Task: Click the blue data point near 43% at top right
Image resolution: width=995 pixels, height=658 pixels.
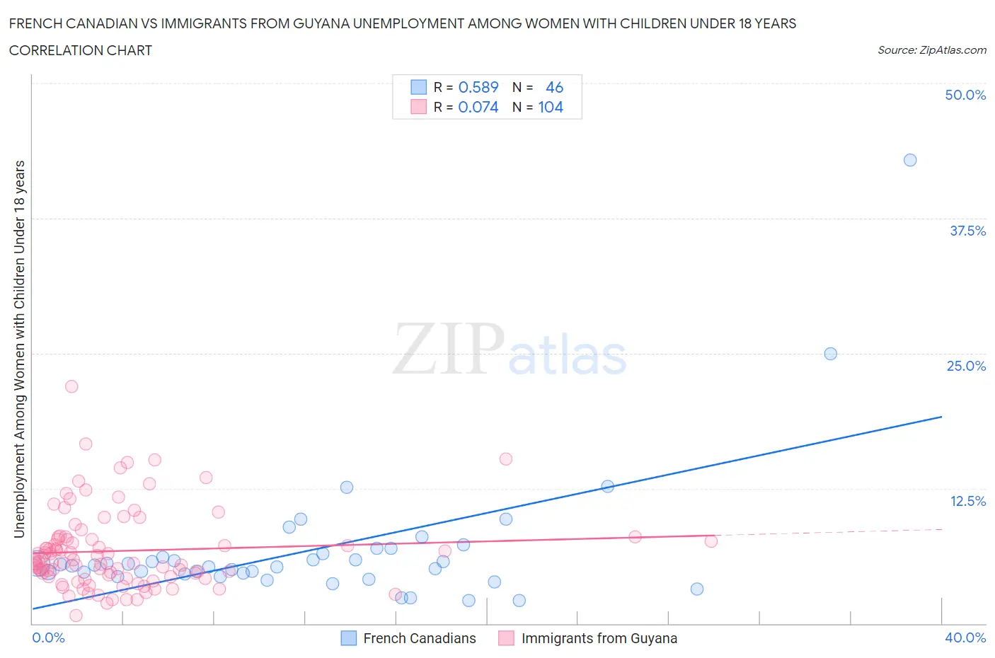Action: pyautogui.click(x=910, y=160)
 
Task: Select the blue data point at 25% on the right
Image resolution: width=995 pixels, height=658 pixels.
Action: pyautogui.click(x=831, y=354)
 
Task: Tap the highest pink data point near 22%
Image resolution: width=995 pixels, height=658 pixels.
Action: pyautogui.click(x=71, y=386)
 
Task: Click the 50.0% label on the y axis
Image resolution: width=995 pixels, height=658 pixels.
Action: pyautogui.click(x=965, y=96)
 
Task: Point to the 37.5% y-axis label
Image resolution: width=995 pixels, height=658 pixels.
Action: pyautogui.click(x=967, y=231)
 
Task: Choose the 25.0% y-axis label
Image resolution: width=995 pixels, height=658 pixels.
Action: pyautogui.click(x=966, y=366)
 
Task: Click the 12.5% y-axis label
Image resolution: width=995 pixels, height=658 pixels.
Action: pyautogui.click(x=967, y=501)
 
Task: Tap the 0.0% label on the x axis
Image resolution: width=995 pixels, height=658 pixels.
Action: pyautogui.click(x=48, y=637)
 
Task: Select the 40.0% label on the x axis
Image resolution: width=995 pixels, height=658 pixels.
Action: pyautogui.click(x=965, y=637)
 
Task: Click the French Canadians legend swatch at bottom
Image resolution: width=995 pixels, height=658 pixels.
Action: pyautogui.click(x=349, y=638)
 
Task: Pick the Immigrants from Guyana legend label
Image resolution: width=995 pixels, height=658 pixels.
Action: pyautogui.click(x=599, y=638)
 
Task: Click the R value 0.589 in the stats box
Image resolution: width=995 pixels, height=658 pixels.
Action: pyautogui.click(x=478, y=87)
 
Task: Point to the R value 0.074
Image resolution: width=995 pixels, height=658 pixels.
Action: pyautogui.click(x=478, y=108)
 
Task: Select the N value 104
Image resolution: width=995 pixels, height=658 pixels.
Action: pyautogui.click(x=551, y=108)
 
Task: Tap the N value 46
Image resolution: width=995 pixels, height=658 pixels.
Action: pyautogui.click(x=554, y=87)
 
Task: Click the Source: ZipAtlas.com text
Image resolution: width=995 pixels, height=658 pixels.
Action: pyautogui.click(x=931, y=50)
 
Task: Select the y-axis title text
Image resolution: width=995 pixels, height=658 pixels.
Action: pyautogui.click(x=19, y=349)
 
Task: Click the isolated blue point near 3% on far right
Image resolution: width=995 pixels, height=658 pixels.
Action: pyautogui.click(x=697, y=589)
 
